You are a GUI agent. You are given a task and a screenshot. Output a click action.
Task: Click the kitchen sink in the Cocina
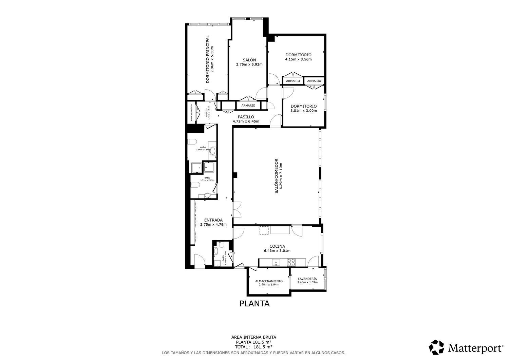point(277,262)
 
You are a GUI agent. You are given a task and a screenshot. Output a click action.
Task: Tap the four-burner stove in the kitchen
point(291,262)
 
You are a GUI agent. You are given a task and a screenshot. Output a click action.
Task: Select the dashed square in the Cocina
point(264,230)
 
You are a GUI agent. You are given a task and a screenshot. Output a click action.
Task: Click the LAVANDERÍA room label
point(307,279)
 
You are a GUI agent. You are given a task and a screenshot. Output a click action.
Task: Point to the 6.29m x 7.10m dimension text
point(281,176)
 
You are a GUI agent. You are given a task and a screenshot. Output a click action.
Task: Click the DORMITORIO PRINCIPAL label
point(207,59)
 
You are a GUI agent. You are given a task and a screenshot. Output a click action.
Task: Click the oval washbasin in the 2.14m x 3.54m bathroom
point(213,151)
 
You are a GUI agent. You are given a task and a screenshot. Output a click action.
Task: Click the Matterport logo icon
point(436,347)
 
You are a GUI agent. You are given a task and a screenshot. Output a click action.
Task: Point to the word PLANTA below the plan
point(254,304)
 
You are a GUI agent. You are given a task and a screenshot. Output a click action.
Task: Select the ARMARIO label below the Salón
point(248,106)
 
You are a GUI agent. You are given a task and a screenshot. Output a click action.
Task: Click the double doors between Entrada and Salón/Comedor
point(237,209)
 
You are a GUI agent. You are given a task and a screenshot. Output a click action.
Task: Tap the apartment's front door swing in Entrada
point(199,260)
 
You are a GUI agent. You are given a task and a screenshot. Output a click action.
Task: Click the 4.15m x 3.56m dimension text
point(298,59)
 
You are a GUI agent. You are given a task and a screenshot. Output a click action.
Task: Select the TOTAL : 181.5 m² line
point(253,347)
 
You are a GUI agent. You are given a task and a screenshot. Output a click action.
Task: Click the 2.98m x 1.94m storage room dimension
point(269,285)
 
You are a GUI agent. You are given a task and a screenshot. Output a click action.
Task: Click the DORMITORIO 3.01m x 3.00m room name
point(303,106)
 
